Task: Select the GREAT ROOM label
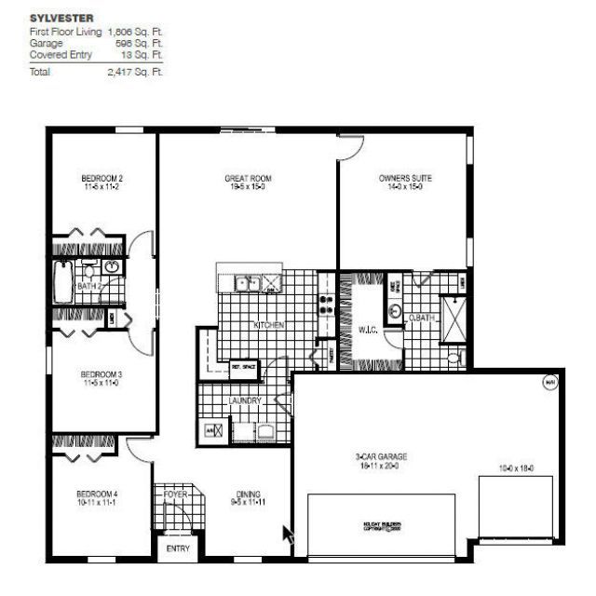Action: [246, 178]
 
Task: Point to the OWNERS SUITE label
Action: [405, 178]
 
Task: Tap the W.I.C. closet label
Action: [367, 328]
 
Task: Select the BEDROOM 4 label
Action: [97, 494]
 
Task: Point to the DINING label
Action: [248, 494]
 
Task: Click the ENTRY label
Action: [177, 549]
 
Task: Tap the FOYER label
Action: [177, 494]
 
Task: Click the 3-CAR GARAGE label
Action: [382, 456]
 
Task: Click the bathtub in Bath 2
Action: [62, 283]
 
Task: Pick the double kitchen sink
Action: [247, 284]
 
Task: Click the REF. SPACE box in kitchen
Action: [243, 366]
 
